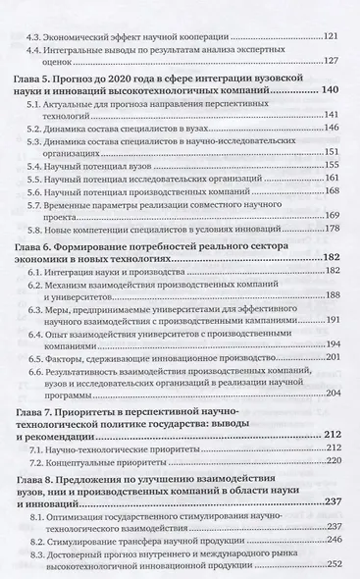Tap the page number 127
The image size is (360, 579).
pos(331,61)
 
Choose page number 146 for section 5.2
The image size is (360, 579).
pos(331,129)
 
